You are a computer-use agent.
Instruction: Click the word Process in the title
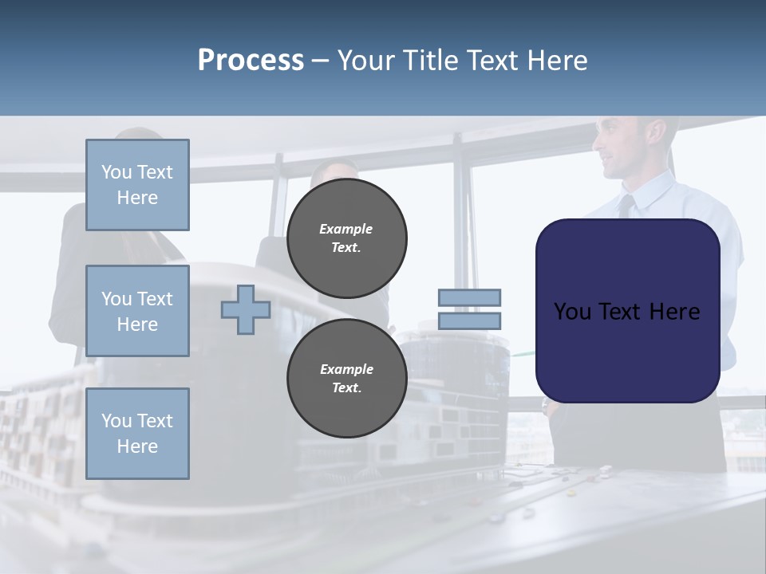(x=251, y=61)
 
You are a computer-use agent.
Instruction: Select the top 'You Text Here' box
(x=137, y=185)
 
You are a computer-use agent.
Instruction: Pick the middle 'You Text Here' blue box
(x=137, y=311)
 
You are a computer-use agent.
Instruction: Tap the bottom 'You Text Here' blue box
(x=137, y=434)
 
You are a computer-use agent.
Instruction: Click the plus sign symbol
(x=246, y=309)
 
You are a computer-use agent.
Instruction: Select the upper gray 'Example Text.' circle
(x=346, y=238)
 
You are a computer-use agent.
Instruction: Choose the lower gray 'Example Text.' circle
(x=346, y=378)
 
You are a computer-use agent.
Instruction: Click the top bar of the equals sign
(x=469, y=297)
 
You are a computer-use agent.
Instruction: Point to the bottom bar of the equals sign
(x=469, y=320)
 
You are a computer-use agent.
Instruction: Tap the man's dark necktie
(x=627, y=206)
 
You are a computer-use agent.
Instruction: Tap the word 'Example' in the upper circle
(x=346, y=229)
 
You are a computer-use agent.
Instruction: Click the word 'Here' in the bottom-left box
(x=137, y=446)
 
